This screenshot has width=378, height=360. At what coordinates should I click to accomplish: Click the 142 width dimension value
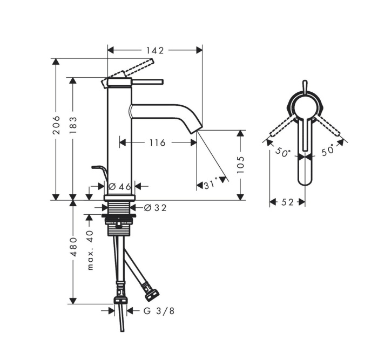(x=155, y=50)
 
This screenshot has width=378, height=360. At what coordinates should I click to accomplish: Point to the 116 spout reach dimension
(x=157, y=142)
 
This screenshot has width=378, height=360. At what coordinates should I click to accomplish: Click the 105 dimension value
(x=240, y=164)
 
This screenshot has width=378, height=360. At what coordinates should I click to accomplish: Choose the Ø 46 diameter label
(x=120, y=186)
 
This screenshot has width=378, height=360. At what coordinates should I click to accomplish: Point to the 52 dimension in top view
(x=287, y=202)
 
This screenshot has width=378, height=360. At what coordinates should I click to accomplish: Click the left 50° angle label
(x=282, y=152)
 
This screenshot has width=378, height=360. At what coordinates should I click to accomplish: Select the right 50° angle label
(x=328, y=152)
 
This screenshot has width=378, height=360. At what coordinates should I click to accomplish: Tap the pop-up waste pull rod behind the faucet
(x=99, y=171)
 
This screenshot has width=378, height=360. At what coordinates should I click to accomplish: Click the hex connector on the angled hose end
(x=152, y=295)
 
